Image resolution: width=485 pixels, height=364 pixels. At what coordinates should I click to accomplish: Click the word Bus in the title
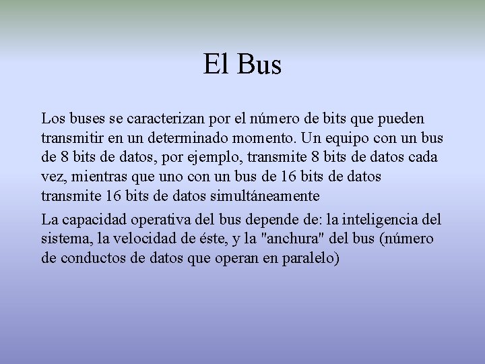259,65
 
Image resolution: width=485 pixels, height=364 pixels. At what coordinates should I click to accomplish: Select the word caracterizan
166,119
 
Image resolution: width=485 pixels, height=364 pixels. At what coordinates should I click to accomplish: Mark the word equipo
371,138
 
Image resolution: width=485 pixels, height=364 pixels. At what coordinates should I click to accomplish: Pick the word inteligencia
381,220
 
